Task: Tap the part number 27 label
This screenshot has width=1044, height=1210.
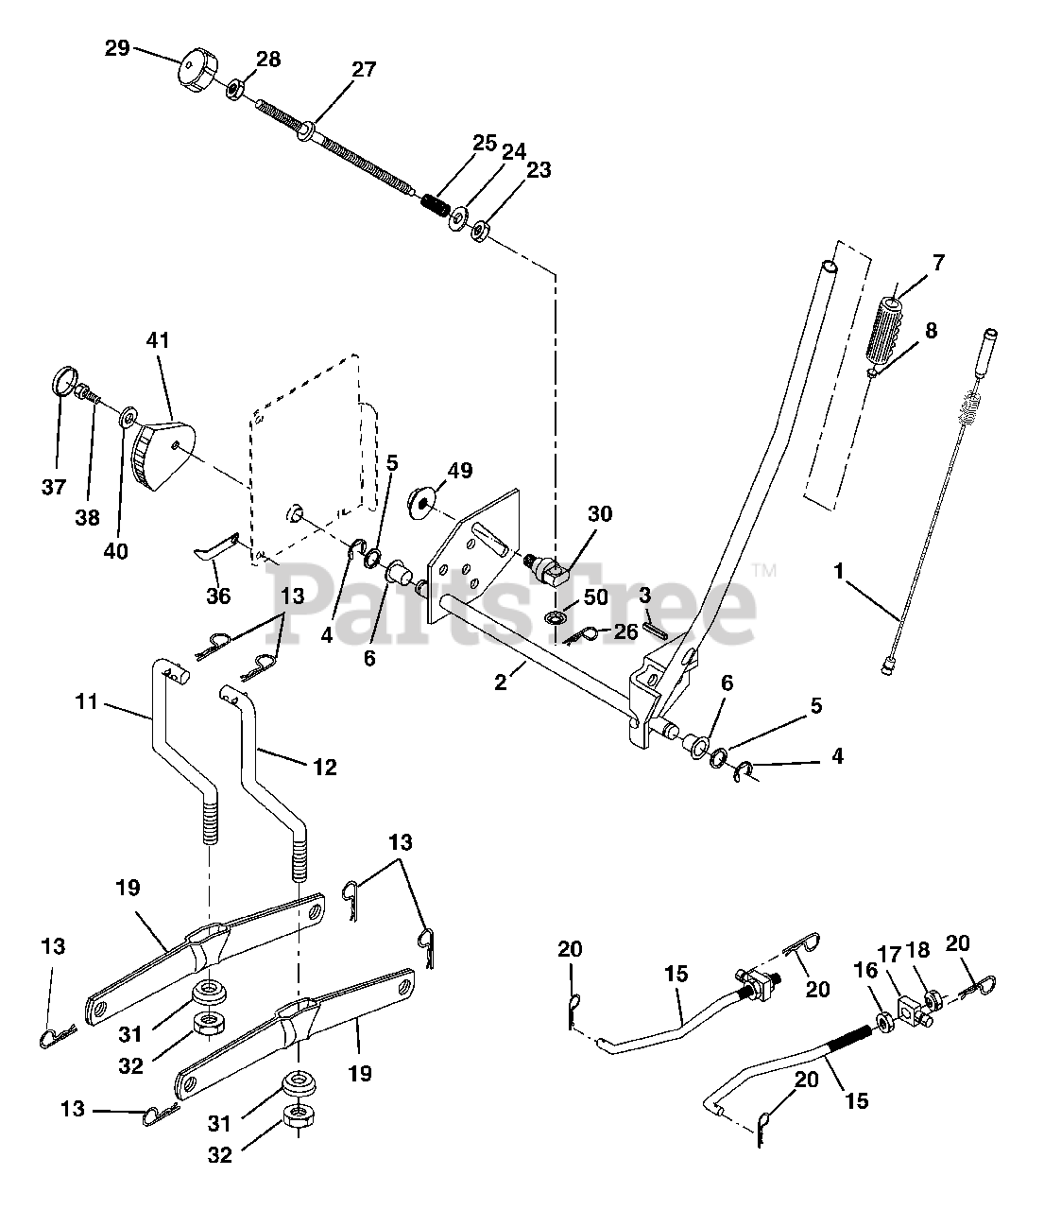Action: pos(364,70)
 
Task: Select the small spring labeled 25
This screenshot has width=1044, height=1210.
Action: pos(436,205)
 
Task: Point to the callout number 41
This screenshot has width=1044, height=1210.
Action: pos(158,340)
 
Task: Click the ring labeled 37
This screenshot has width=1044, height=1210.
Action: pos(64,381)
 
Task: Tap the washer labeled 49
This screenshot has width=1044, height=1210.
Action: pos(421,503)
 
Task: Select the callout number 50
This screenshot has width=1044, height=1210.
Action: pos(596,597)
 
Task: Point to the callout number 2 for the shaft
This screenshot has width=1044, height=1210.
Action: pos(500,683)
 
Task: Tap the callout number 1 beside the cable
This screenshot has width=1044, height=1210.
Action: pos(839,571)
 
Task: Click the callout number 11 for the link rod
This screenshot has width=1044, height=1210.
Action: pos(87,701)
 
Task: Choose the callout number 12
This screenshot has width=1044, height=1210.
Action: pos(325,767)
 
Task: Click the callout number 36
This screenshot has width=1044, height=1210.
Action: pos(218,596)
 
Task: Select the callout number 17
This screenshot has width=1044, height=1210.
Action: pos(889,956)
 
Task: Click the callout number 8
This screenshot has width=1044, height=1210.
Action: pos(931,331)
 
